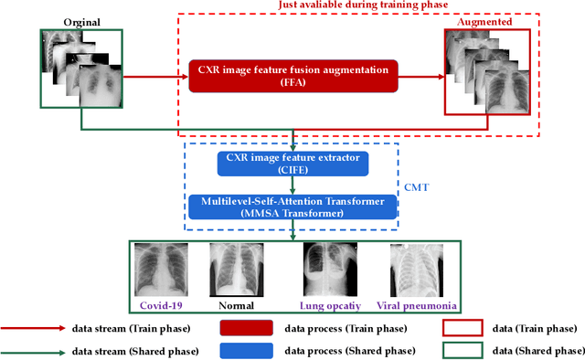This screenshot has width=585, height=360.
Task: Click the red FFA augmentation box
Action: click(292, 74)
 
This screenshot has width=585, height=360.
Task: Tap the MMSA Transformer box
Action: click(292, 206)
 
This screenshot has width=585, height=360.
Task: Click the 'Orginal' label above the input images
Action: click(81, 22)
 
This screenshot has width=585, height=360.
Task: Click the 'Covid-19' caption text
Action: click(162, 306)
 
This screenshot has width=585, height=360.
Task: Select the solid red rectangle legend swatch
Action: click(246, 327)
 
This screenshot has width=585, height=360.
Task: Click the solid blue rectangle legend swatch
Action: click(246, 350)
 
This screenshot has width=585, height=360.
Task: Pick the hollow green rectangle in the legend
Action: click(463, 350)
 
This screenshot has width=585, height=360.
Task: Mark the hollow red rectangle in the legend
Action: click(463, 327)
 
